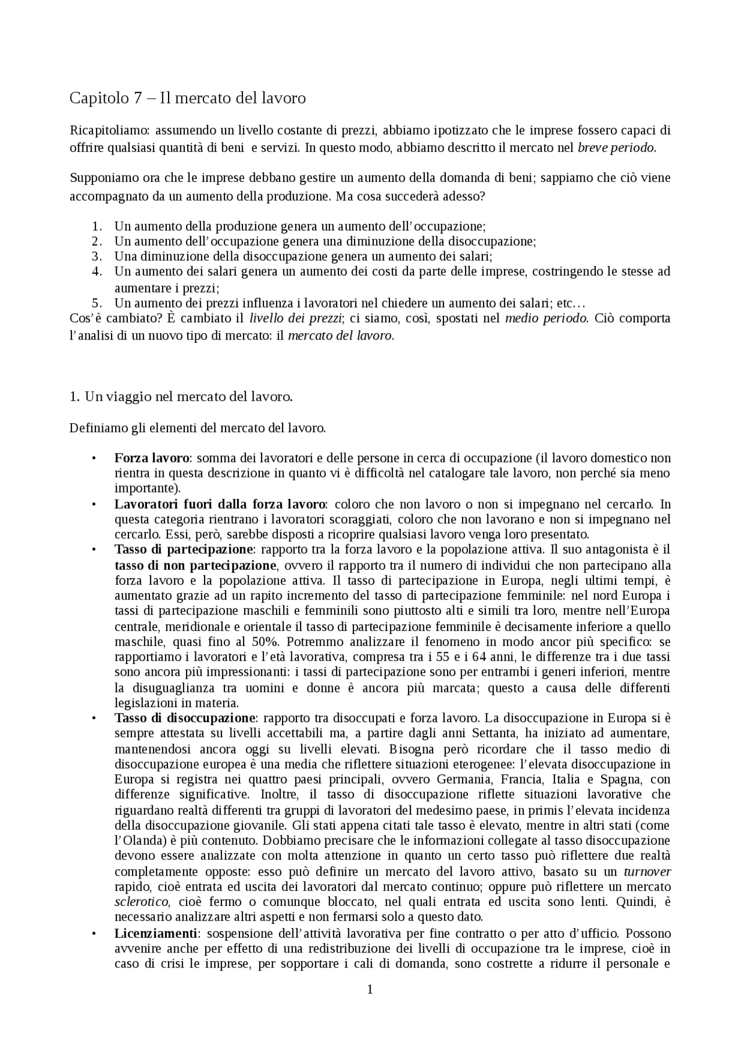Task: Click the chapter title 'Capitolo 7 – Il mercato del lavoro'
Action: (187, 98)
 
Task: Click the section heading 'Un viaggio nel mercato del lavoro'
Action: (188, 397)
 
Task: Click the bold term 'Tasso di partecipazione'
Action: (184, 549)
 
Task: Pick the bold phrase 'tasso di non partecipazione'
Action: (195, 565)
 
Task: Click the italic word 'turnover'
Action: (647, 872)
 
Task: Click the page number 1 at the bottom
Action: (370, 989)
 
